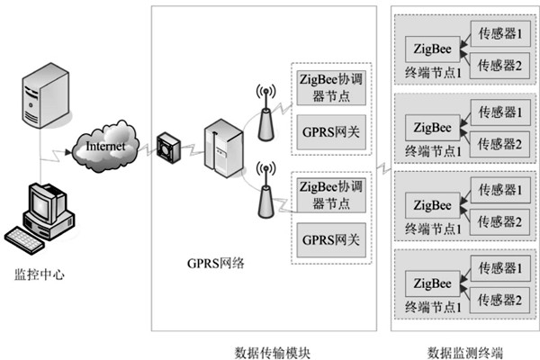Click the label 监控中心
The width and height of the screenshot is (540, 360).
pyautogui.click(x=40, y=272)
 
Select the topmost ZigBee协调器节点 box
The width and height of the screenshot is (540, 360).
pyautogui.click(x=329, y=87)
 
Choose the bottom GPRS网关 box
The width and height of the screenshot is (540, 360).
pyautogui.click(x=329, y=240)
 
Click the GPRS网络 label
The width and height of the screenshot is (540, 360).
pyautogui.click(x=217, y=263)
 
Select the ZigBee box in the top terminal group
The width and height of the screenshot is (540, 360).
pyautogui.click(x=430, y=46)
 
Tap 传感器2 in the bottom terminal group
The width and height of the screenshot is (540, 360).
pyautogui.click(x=500, y=297)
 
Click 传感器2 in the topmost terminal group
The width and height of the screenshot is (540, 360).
pyautogui.click(x=500, y=64)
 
